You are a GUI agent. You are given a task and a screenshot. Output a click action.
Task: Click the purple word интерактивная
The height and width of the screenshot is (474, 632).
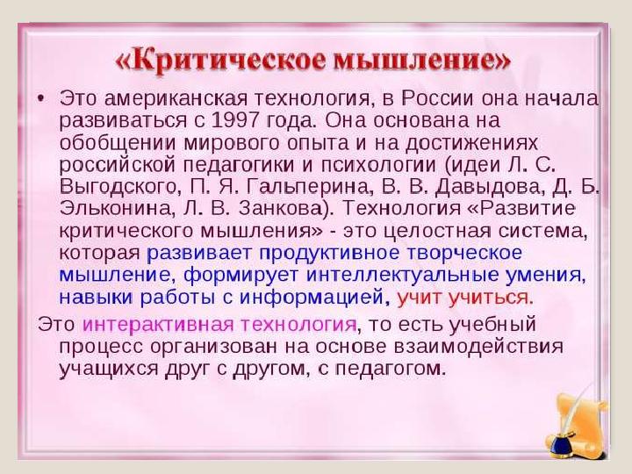(x=161, y=323)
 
